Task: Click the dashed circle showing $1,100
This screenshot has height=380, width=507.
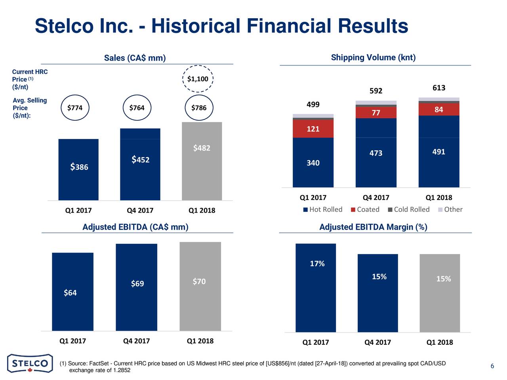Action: tap(198, 79)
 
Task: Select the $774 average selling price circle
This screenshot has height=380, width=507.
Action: tap(75, 108)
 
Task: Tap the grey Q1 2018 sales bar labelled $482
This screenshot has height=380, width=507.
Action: tap(202, 161)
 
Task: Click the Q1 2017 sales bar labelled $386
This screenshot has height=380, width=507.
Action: tap(78, 169)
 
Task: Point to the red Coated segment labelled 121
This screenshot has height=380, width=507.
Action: tap(313, 129)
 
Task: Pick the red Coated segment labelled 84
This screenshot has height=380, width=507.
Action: tap(439, 110)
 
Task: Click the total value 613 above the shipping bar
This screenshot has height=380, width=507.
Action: tap(439, 88)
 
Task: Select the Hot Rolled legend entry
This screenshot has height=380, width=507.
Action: tap(323, 209)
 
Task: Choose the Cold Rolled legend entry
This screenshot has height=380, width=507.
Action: tap(409, 209)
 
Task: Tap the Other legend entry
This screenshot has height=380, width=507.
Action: tap(450, 209)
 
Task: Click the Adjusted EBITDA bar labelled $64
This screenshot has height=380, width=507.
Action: tap(72, 292)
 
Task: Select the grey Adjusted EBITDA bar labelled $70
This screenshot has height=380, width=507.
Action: tap(200, 286)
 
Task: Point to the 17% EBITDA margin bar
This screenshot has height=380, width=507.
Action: tap(316, 288)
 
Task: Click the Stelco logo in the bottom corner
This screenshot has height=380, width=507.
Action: tap(30, 363)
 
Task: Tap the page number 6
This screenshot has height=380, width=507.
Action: tap(492, 366)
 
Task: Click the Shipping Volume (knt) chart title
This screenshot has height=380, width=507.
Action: tap(373, 58)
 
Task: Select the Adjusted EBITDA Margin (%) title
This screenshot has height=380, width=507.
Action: tap(373, 227)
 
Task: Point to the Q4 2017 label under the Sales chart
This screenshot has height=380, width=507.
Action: tap(140, 210)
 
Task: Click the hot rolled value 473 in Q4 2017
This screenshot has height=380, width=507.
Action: tap(376, 153)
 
